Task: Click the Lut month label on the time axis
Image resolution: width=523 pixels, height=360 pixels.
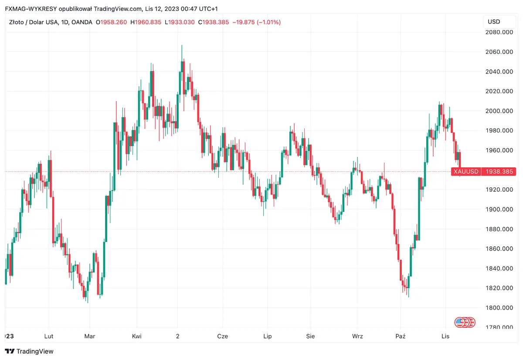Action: pyautogui.click(x=49, y=336)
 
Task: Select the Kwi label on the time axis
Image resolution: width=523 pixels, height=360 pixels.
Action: pyautogui.click(x=137, y=336)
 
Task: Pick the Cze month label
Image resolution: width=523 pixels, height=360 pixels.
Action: pyautogui.click(x=223, y=336)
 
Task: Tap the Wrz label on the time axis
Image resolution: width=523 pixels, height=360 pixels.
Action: pyautogui.click(x=357, y=336)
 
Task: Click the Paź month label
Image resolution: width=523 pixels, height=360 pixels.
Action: pyautogui.click(x=400, y=336)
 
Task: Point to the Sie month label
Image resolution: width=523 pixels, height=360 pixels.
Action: pyautogui.click(x=310, y=336)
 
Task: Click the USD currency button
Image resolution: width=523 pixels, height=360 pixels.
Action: pyautogui.click(x=494, y=22)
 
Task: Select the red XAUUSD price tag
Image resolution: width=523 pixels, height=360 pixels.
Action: pyautogui.click(x=466, y=172)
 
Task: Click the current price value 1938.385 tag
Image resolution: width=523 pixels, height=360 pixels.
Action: pyautogui.click(x=498, y=172)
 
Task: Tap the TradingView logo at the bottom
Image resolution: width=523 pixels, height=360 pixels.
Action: pyautogui.click(x=29, y=351)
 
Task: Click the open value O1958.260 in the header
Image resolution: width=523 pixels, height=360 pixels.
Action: pyautogui.click(x=111, y=22)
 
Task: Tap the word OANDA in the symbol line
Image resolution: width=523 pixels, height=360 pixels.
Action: pyautogui.click(x=82, y=22)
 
